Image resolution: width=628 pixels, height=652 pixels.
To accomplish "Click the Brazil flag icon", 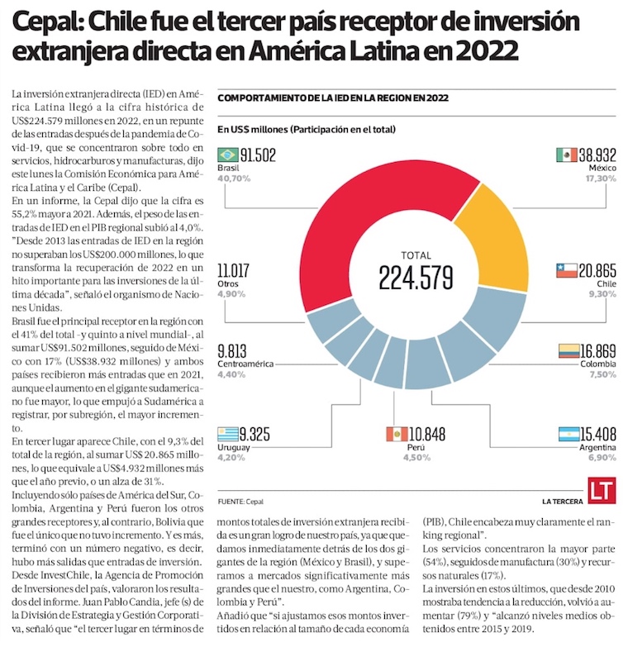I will point(227,155).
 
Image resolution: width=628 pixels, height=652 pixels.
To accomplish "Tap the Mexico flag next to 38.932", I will point(567,155).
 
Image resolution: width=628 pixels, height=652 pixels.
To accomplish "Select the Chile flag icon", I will point(567,270).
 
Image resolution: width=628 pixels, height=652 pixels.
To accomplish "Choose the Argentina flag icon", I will point(569,434).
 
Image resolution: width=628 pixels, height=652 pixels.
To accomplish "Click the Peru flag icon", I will point(397,434).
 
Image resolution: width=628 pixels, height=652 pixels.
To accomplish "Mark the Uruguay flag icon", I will point(227,434).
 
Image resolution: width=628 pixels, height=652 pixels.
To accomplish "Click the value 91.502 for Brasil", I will point(258,155).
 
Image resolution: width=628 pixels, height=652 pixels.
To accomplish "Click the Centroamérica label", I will point(246,363).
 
